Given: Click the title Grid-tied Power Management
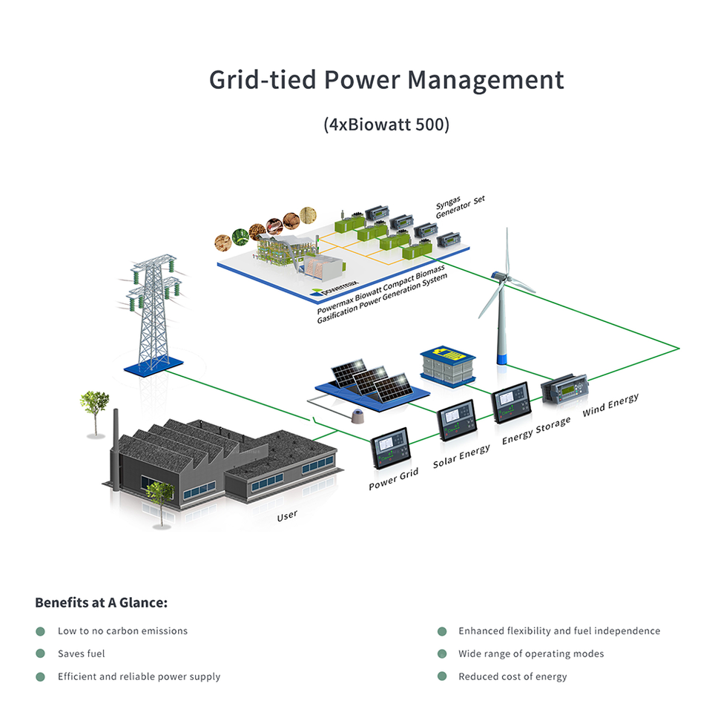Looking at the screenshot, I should coord(386,80).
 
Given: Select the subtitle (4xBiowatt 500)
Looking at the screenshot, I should coord(386,124).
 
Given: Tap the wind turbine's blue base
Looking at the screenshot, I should coord(501,358).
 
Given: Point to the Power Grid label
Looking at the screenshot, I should coord(393,479).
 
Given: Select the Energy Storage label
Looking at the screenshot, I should coord(536,431).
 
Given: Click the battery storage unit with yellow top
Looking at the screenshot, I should coord(446,363).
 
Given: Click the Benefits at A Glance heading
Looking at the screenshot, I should coord(102,602).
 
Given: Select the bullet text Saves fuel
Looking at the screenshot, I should coord(82,653).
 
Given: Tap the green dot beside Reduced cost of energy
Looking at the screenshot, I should coord(442,676).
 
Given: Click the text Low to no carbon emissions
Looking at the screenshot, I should coord(122,631).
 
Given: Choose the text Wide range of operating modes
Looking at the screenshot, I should coord(531,653).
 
